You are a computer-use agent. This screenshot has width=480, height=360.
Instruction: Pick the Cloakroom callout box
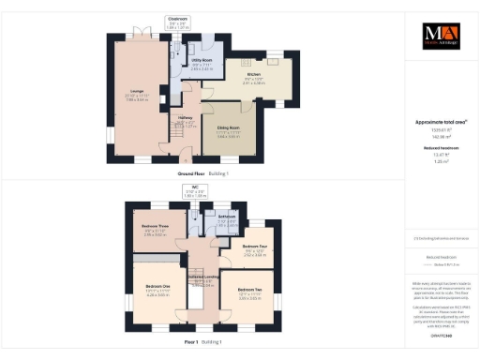[177, 23]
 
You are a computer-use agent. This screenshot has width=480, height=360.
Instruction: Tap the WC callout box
[196, 192]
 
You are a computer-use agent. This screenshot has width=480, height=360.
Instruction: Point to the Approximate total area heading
[440, 123]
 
